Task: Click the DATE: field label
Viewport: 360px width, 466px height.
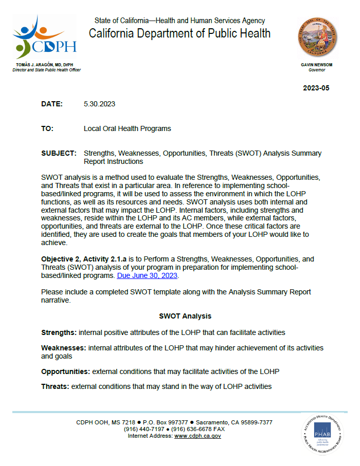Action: click(x=52, y=104)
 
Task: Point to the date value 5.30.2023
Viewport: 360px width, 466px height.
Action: click(x=99, y=104)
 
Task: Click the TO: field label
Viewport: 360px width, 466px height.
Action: click(x=47, y=128)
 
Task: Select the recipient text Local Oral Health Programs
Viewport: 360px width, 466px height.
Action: click(x=127, y=128)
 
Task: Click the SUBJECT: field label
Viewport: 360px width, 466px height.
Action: click(x=59, y=153)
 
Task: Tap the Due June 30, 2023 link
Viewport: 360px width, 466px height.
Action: click(x=148, y=275)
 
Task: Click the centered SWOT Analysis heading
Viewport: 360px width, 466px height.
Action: click(x=185, y=316)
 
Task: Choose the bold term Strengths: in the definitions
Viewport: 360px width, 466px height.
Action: click(x=59, y=332)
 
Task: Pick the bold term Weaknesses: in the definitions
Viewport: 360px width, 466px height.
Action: click(x=64, y=348)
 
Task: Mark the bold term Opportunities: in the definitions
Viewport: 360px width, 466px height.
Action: click(x=66, y=371)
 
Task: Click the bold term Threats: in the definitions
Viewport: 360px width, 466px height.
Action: click(x=55, y=386)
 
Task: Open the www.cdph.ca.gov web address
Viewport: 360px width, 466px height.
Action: click(x=197, y=436)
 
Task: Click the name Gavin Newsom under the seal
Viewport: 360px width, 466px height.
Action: click(x=317, y=65)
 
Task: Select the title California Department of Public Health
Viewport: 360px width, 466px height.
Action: click(x=179, y=34)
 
